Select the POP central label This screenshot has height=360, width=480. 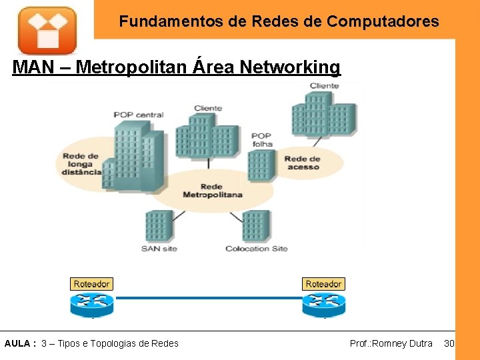(x=139, y=115)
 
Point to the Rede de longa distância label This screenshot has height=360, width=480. (x=82, y=164)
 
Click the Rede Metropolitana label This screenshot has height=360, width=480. (x=213, y=191)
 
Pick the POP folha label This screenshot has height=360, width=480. (x=262, y=140)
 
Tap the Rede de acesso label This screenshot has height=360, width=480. (x=303, y=163)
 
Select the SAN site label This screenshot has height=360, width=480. (x=159, y=249)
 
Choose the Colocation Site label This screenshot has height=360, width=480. (x=257, y=249)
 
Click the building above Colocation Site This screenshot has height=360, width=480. (x=256, y=225)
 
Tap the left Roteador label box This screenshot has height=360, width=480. (x=92, y=284)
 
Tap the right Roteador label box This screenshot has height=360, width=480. (x=323, y=284)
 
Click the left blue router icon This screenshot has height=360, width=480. (x=92, y=303)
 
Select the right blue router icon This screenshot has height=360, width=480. (x=323, y=303)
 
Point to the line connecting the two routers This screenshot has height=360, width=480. (x=207, y=299)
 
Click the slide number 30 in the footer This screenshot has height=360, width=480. (x=449, y=343)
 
